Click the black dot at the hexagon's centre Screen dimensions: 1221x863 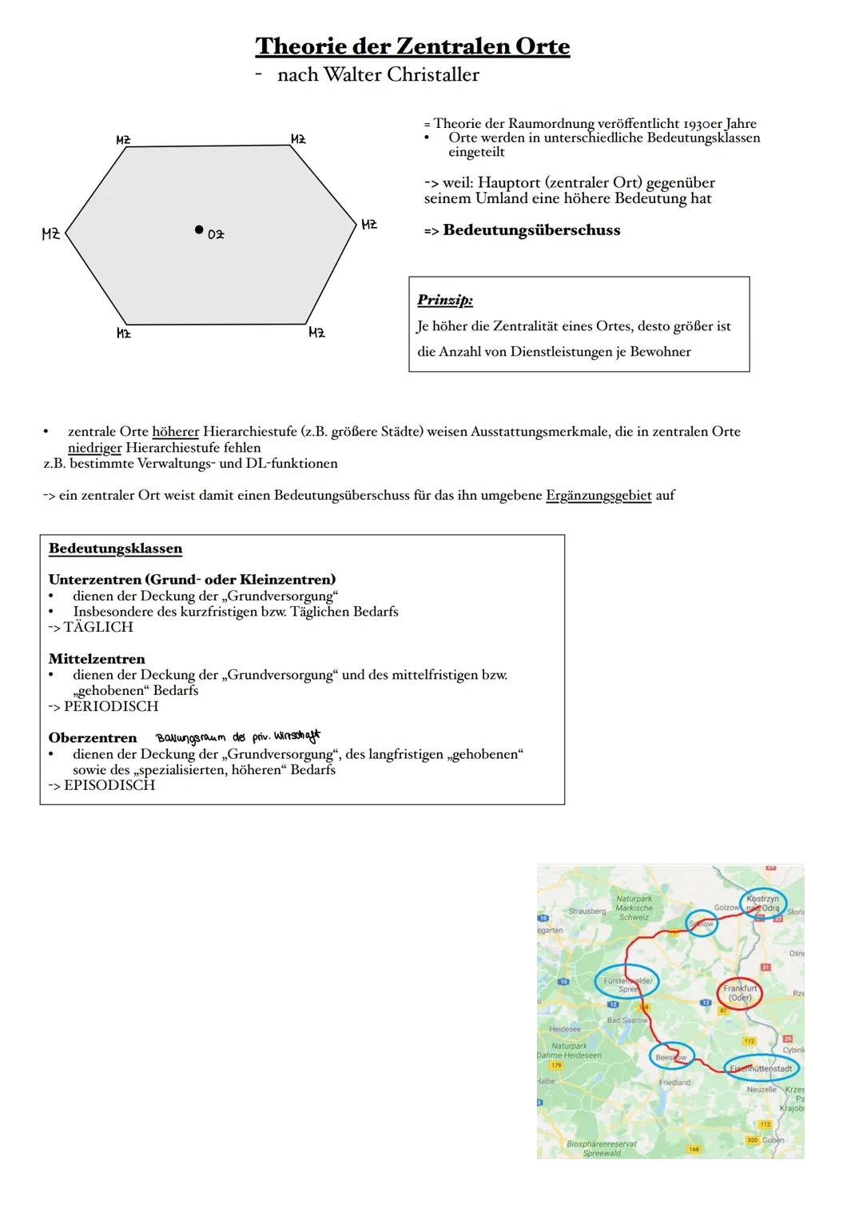click(x=199, y=229)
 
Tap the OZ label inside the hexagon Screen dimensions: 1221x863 click(x=216, y=234)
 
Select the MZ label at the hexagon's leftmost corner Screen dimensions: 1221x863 click(x=50, y=234)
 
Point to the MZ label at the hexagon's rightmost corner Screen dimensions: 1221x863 click(x=369, y=225)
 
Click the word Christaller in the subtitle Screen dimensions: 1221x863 click(x=433, y=75)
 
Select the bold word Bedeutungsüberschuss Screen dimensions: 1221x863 click(x=531, y=230)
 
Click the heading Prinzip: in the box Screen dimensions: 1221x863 click(x=445, y=301)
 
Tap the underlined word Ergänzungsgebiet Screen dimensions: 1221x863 click(x=599, y=496)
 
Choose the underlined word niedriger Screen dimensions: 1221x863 click(x=95, y=448)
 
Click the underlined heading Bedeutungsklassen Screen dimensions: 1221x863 click(x=115, y=549)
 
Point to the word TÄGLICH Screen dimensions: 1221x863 click(x=98, y=628)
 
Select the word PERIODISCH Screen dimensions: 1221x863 click(x=111, y=707)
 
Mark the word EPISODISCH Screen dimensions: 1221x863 click(x=109, y=785)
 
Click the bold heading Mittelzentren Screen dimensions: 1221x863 click(x=97, y=659)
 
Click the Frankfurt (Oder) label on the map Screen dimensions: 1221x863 click(x=740, y=993)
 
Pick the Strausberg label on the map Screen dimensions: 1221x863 click(x=587, y=912)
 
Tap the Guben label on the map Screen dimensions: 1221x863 click(x=774, y=1140)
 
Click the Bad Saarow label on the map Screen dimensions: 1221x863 click(x=627, y=1020)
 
